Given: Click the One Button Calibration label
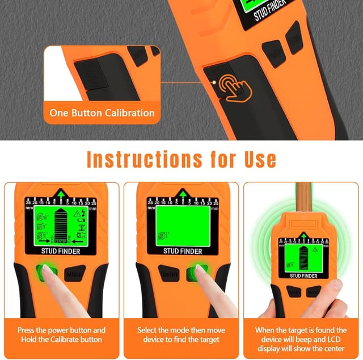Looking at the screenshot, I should pos(102,112).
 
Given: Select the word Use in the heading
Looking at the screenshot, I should pos(255,160).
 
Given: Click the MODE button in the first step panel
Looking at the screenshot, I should pos(75,274).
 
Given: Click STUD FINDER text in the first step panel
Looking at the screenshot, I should pos(61,251).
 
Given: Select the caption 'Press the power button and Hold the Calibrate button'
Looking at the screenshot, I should pos(61,334).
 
